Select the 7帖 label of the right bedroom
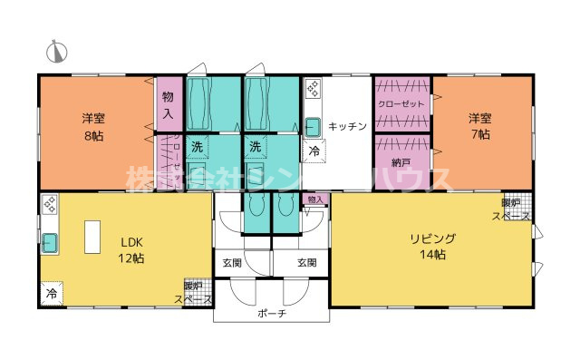(x=479, y=134)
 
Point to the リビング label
(x=431, y=238)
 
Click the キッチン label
(x=347, y=126)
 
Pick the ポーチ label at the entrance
(x=271, y=313)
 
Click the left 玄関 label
(x=232, y=263)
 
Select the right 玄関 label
(x=306, y=263)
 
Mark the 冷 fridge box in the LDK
(x=51, y=294)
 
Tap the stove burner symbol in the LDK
(x=50, y=204)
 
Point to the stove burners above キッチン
(x=313, y=89)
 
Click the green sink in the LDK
(x=49, y=243)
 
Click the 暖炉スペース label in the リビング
(x=512, y=210)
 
